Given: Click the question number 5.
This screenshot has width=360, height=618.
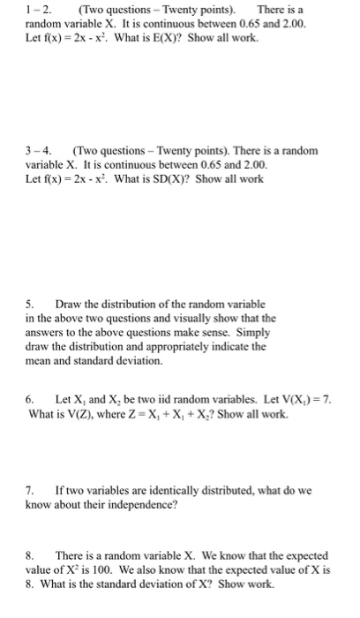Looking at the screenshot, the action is [10, 305].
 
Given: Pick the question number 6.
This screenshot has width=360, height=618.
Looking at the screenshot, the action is [10, 399].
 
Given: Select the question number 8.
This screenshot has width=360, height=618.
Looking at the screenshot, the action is [10, 555].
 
